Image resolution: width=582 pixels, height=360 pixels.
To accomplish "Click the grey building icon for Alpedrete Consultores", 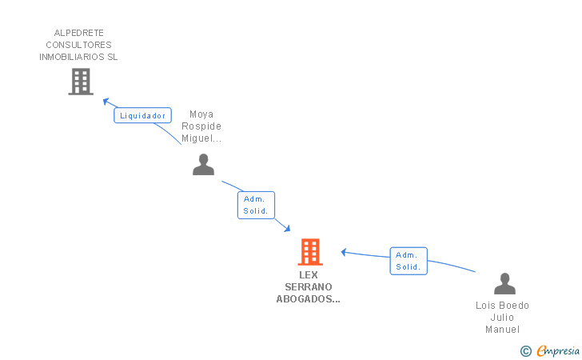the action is [x=81, y=82].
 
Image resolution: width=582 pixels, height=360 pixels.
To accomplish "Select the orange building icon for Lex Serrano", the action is [x=310, y=252].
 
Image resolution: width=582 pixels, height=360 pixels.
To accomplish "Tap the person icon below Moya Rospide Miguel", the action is [x=203, y=165].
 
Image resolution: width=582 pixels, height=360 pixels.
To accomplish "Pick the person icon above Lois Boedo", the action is [x=504, y=283].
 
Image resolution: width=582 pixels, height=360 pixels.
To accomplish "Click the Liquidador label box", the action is [x=142, y=115].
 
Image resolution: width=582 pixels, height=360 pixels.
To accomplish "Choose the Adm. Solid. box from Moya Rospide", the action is [x=256, y=205].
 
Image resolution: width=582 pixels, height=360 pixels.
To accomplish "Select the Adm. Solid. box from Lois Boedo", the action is [x=409, y=261].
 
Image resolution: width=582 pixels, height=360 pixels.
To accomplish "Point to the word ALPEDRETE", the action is [x=78, y=33].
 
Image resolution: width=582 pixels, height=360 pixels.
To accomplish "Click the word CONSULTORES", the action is [x=78, y=45].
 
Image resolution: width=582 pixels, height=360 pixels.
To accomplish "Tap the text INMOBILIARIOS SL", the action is [x=78, y=57].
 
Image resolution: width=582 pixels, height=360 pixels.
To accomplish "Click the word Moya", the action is [x=201, y=114].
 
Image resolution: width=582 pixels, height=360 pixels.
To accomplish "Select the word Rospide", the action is [x=201, y=126].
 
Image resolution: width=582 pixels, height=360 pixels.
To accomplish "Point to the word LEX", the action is [x=309, y=275].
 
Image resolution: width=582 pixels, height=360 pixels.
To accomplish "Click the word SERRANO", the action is [x=309, y=287].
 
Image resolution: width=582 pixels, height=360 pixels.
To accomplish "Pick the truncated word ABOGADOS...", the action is [x=308, y=298].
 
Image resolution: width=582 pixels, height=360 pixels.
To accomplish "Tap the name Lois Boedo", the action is [x=503, y=306].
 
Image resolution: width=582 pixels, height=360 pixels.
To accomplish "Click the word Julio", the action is [x=503, y=318].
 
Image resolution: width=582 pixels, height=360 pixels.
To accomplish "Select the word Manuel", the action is [x=503, y=329].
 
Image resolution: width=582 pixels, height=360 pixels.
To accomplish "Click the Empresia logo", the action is [x=550, y=350].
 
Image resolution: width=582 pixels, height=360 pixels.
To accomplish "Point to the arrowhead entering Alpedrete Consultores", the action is [x=106, y=101].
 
